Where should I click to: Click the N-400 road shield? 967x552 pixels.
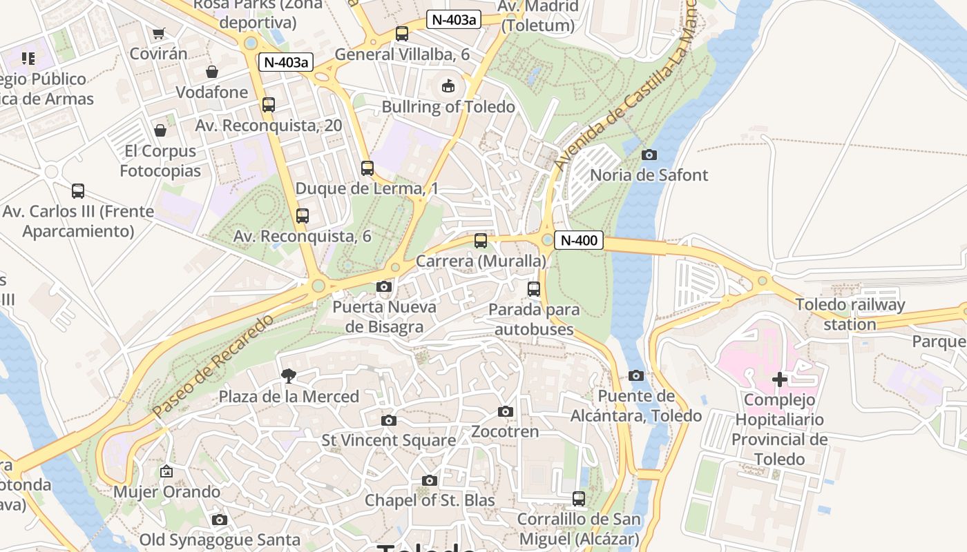pos(579,240)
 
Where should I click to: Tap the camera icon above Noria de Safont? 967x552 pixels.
pos(649,155)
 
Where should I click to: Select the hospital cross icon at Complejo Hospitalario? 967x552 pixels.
pos(780,379)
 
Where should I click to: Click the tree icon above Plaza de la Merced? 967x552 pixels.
pos(289,376)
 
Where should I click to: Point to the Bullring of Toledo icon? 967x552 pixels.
pos(448,86)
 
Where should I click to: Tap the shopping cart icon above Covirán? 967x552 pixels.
pos(159,33)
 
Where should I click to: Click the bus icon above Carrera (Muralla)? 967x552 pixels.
pos(481,241)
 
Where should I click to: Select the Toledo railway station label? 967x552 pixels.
pos(850,314)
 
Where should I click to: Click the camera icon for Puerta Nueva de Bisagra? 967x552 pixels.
pos(384,286)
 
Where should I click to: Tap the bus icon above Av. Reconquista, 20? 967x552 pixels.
pos(269,105)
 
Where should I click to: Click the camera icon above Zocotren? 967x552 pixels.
pos(506,411)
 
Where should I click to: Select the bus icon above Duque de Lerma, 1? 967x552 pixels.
pos(367,168)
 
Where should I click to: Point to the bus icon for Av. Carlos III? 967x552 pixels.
pos(78,191)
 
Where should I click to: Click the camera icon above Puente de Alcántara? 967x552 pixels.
pos(636,375)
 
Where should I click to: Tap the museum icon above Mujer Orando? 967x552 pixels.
pos(166,472)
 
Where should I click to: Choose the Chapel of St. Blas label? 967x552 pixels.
pos(430,500)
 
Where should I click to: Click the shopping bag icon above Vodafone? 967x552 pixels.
pos(212,72)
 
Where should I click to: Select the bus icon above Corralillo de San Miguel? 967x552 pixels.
pos(579,498)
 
